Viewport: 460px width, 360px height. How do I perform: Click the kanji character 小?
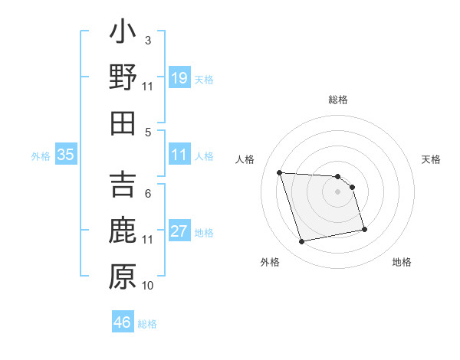(x=123, y=34)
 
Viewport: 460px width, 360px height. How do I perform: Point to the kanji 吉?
(x=123, y=186)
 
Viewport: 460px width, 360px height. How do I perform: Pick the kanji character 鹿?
(x=123, y=231)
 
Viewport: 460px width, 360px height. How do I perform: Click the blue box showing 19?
(x=179, y=77)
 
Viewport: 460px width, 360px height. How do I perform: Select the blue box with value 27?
(x=179, y=231)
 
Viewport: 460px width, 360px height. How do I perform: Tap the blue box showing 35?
(x=66, y=155)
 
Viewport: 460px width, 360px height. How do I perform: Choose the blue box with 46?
(x=123, y=322)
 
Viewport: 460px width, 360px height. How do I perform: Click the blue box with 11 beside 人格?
(x=179, y=155)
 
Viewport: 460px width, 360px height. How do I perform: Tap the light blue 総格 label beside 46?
(x=147, y=324)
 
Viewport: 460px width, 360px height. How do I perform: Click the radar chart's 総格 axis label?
(x=338, y=100)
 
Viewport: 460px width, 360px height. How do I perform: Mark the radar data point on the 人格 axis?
(x=280, y=172)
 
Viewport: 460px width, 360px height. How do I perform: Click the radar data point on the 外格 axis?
(x=302, y=242)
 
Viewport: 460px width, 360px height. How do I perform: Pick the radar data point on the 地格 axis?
(x=364, y=228)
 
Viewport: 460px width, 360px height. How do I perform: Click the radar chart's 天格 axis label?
(x=431, y=159)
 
